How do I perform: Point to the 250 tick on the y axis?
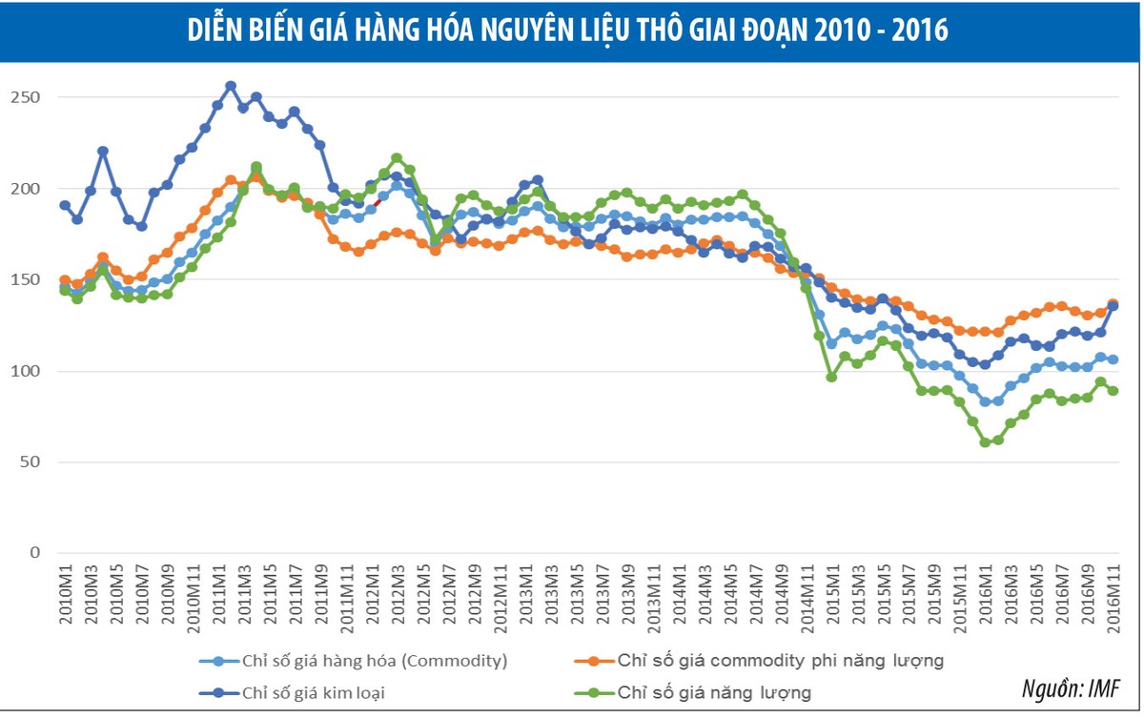pyautogui.click(x=27, y=97)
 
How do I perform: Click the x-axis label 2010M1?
pyautogui.click(x=66, y=595)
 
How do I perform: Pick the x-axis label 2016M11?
pyautogui.click(x=1113, y=595)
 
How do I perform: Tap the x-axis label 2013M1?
pyautogui.click(x=523, y=595)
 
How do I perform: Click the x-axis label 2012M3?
pyautogui.click(x=397, y=595)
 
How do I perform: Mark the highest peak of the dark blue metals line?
pyautogui.click(x=231, y=86)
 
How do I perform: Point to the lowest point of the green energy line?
pyautogui.click(x=985, y=442)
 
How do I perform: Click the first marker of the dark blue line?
pyautogui.click(x=65, y=205)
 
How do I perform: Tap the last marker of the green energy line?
pyautogui.click(x=1113, y=390)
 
